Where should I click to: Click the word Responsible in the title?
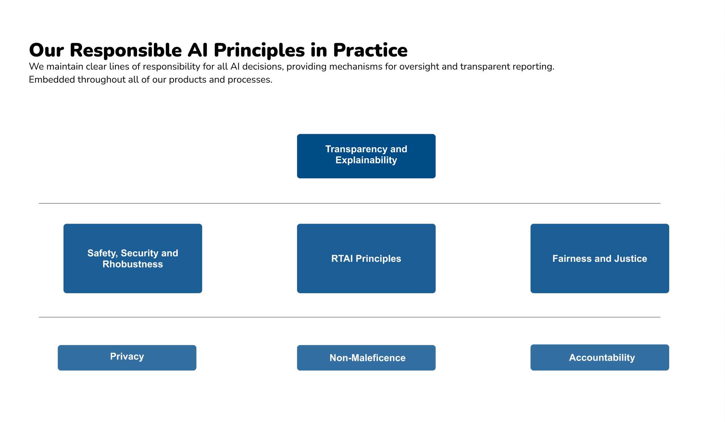[x=125, y=50]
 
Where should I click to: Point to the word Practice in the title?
[x=370, y=50]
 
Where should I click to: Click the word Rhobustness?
[x=133, y=264]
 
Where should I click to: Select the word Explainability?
[x=366, y=160]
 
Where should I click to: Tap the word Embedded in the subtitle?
[x=52, y=80]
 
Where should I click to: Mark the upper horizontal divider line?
[x=349, y=203]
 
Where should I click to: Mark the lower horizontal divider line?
[x=349, y=317]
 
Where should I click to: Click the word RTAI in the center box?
[x=342, y=259]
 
